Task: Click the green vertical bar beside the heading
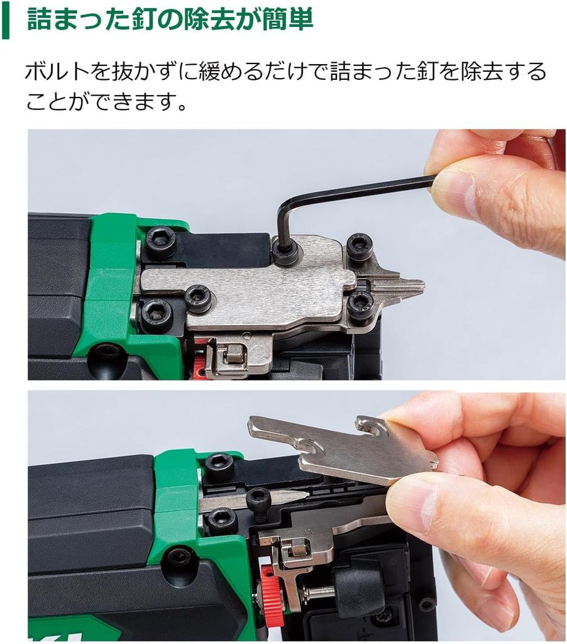pos(5,20)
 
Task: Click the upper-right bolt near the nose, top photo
pos(360,245)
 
